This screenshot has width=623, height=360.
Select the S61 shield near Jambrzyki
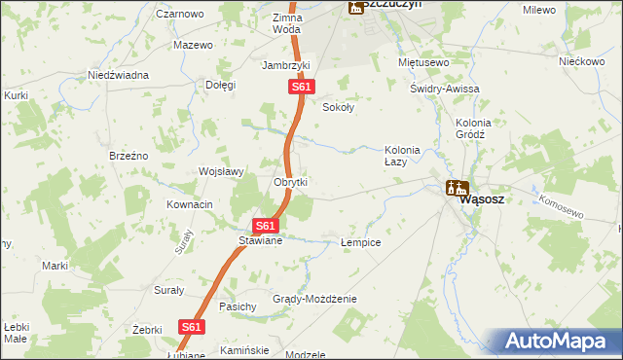coord(302,88)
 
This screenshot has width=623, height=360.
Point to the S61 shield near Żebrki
coord(192,328)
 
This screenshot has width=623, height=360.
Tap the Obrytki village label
coord(291,182)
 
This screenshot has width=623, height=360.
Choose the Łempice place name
coord(360,241)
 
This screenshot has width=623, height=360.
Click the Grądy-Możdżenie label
coord(314,299)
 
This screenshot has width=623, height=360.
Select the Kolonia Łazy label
coord(402,156)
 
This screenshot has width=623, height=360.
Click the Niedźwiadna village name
coord(118,75)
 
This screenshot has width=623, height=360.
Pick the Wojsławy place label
coord(221,171)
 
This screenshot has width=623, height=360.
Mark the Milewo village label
coord(538,10)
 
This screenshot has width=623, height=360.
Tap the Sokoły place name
coord(338,108)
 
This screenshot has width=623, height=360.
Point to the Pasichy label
coord(238,306)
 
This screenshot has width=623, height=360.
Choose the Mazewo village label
coord(193,46)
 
